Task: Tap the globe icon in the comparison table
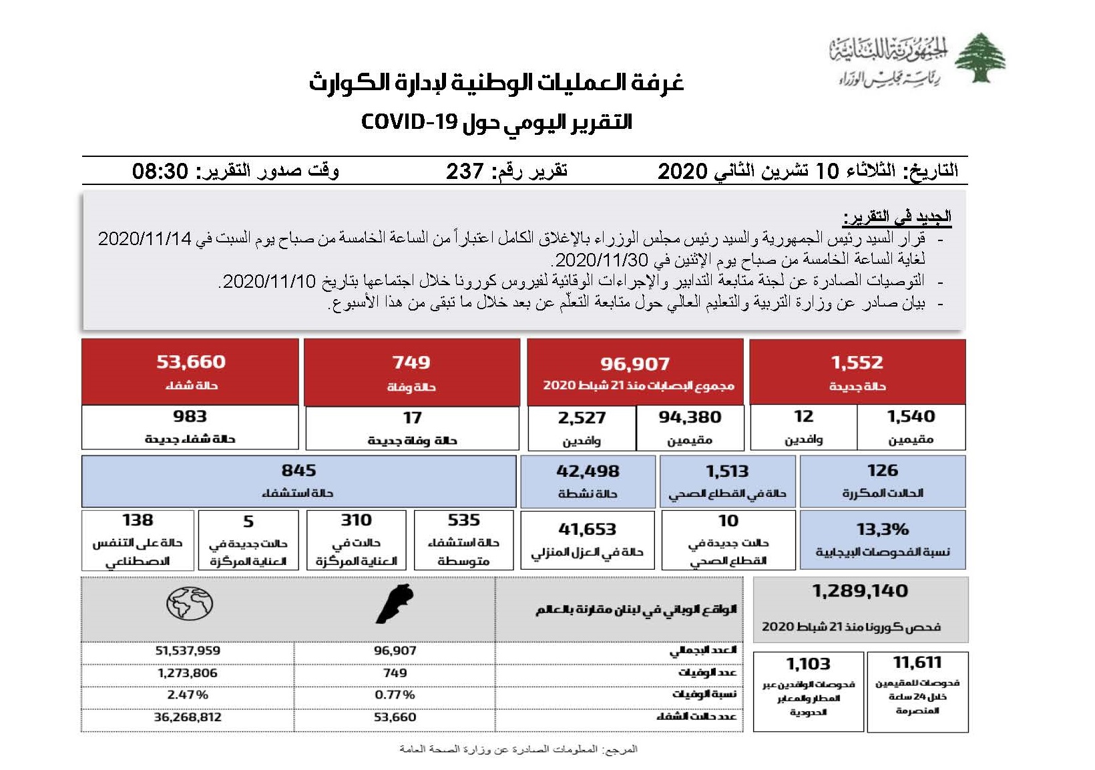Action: click(x=190, y=604)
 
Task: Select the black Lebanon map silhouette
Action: click(x=395, y=604)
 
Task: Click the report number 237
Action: click(x=465, y=172)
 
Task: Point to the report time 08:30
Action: click(x=160, y=172)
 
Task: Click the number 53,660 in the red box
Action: click(x=191, y=362)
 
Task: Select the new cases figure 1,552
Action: click(x=857, y=363)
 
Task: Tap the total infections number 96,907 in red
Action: click(x=634, y=364)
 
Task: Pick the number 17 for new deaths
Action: click(x=412, y=418)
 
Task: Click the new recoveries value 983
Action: click(x=190, y=417)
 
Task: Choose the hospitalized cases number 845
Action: click(x=298, y=471)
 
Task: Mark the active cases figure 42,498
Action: click(x=588, y=471)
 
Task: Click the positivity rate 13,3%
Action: click(x=882, y=530)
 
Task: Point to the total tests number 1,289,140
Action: click(x=860, y=591)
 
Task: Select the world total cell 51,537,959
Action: click(x=188, y=650)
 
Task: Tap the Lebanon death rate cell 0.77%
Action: click(x=395, y=695)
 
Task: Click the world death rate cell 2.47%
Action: click(x=188, y=695)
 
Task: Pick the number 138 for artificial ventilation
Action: click(x=138, y=520)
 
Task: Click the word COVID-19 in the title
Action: click(x=409, y=122)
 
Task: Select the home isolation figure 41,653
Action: click(x=587, y=530)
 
